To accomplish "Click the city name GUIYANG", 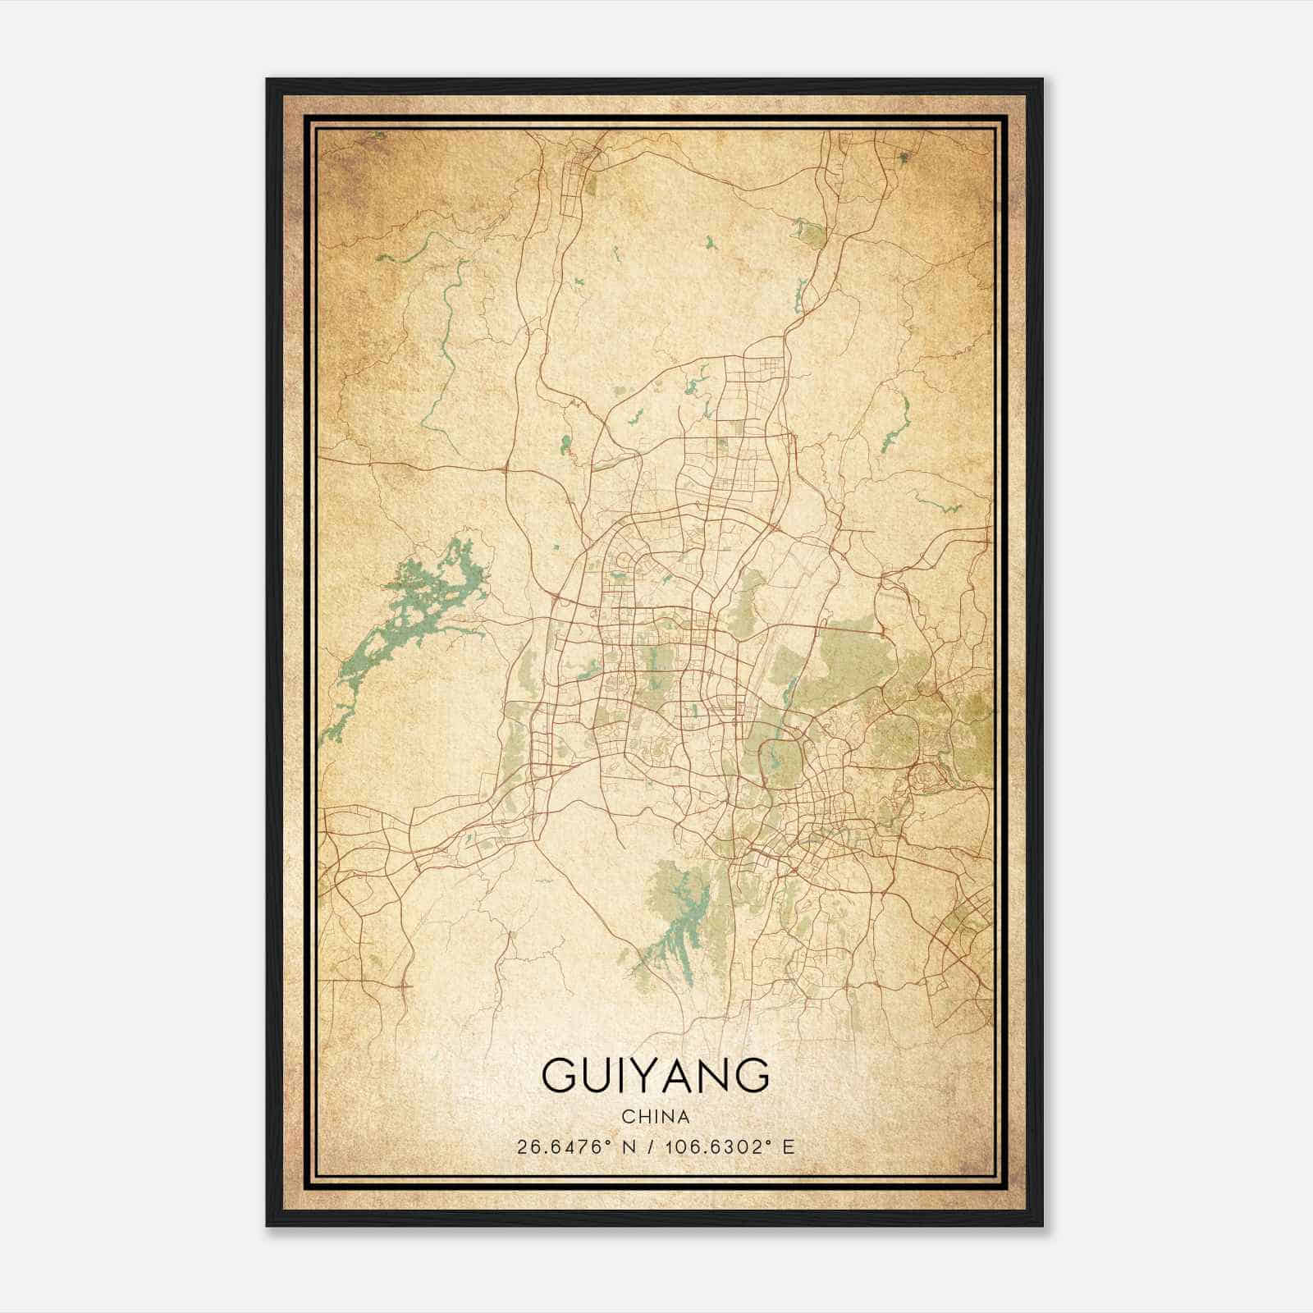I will pos(656,1075).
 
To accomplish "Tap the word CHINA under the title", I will pos(656,1117).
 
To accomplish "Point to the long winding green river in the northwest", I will pos(447,328).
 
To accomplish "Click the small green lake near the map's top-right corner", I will pos(904,156).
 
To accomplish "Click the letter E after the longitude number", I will pos(788,1147).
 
